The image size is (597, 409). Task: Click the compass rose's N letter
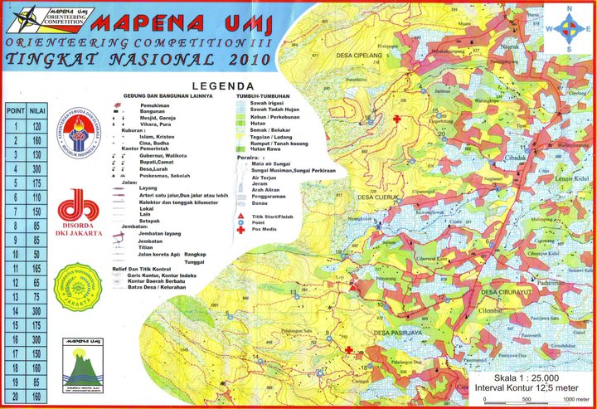click(568, 8)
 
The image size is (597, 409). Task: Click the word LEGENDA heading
click(222, 85)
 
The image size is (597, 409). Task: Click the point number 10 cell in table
click(14, 254)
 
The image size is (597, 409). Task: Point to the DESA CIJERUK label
click(379, 197)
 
